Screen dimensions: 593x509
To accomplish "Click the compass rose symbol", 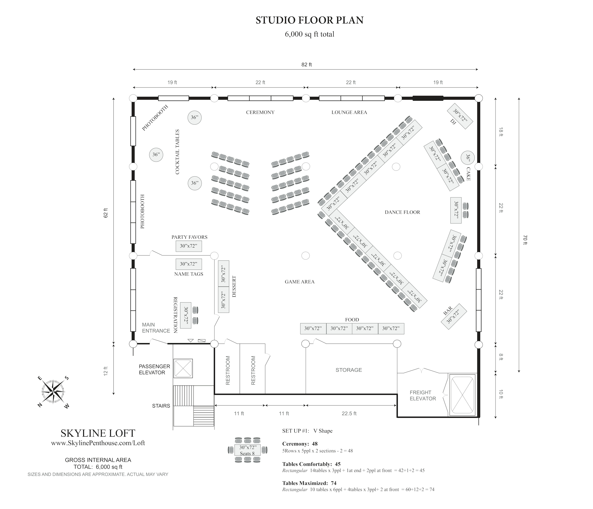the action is [x=53, y=392].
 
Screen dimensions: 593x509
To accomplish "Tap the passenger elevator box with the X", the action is [x=183, y=368].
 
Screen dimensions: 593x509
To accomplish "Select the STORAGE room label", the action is [x=349, y=370].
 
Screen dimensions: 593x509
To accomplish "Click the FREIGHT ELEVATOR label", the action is [x=423, y=395].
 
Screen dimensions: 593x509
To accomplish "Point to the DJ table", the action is [x=460, y=116].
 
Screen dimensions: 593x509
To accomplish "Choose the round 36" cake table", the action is [x=468, y=158].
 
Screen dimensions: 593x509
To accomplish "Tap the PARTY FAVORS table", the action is [x=189, y=246].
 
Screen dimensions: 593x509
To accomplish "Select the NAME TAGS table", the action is [x=189, y=264].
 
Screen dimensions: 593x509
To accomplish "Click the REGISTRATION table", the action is [x=186, y=315].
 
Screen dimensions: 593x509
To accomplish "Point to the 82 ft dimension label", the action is [x=306, y=65].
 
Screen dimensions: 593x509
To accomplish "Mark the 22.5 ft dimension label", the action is [x=349, y=414].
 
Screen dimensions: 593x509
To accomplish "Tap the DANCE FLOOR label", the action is [x=402, y=212].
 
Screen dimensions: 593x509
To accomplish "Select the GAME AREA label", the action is [x=300, y=282].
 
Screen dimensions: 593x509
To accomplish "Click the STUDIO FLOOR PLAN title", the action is [x=309, y=20].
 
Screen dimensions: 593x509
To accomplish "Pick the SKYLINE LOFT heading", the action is [x=98, y=433].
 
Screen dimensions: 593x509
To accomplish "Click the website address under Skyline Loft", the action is [x=98, y=443].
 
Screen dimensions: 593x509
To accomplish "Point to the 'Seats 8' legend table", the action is [x=248, y=450].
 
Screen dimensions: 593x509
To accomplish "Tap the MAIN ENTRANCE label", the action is [x=156, y=328].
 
